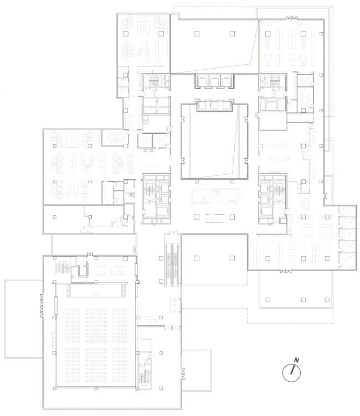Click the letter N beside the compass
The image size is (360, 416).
pos(297,360)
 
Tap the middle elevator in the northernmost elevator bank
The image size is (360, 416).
pos(214,80)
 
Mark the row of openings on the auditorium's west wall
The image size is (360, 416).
pos(42,305)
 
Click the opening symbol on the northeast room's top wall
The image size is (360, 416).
pos(291,18)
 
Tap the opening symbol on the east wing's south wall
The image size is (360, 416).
pos(285,271)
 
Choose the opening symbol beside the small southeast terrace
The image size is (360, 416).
pos(183,373)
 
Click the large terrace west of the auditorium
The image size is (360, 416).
pos(23,319)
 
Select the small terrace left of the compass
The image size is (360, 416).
pos(197,371)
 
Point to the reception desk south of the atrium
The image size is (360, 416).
pos(215,196)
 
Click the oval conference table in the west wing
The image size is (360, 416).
pos(115,137)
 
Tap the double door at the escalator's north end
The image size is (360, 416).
pos(173,233)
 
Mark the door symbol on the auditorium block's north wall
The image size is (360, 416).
pos(90,254)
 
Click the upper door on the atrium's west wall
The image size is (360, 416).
pos(183,120)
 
